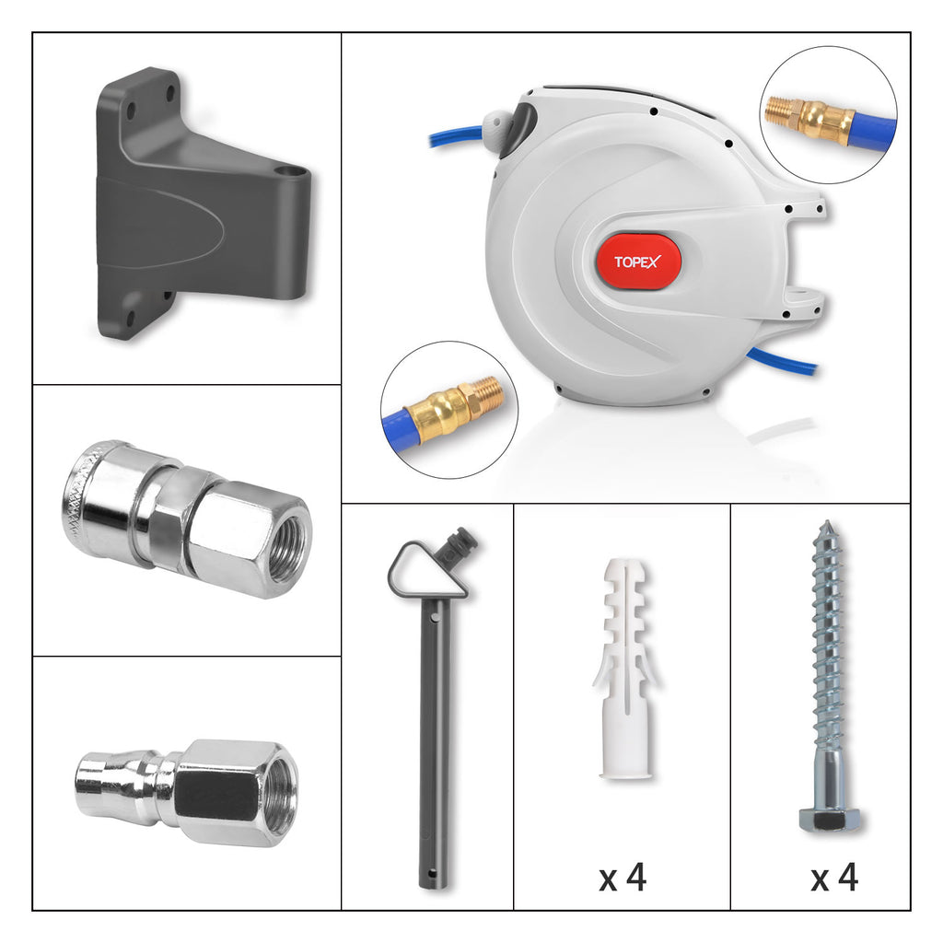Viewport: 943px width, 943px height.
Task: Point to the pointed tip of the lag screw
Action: [827, 527]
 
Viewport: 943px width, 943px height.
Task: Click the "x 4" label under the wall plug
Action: [623, 878]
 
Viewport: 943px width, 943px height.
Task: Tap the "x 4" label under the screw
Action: [834, 878]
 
